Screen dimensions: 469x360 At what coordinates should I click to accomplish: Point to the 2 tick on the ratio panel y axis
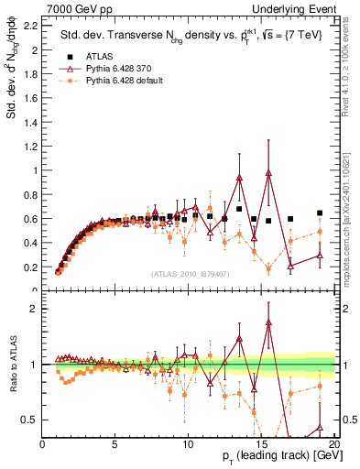point(36,309)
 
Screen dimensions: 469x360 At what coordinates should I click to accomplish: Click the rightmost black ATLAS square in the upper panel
point(319,213)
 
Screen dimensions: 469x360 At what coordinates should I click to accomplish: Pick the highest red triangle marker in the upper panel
point(268,173)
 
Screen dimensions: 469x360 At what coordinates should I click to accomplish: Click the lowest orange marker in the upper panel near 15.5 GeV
point(268,268)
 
